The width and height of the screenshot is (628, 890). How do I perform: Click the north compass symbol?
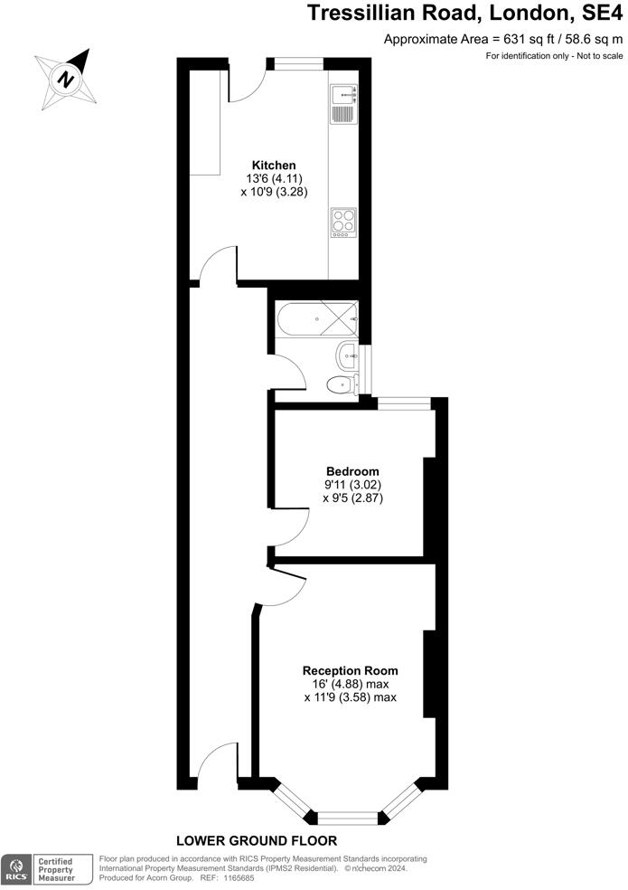coord(66,78)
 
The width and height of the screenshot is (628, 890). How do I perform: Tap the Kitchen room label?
coord(273,166)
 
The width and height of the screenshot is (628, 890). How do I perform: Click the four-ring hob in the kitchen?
coord(343,222)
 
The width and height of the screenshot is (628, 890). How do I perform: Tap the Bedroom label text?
coord(351,471)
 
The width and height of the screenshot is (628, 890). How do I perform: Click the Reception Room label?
coord(350,671)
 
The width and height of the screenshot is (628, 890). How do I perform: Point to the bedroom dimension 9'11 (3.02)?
coord(351,485)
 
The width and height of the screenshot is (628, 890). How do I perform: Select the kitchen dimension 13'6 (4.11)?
coord(273,179)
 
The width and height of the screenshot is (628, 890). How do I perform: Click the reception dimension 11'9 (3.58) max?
coord(350,697)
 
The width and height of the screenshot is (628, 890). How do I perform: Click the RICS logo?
coord(15,869)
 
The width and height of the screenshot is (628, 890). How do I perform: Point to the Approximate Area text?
coord(503,39)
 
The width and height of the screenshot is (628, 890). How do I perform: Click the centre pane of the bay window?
coord(348,817)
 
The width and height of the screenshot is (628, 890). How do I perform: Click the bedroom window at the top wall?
coord(403,403)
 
